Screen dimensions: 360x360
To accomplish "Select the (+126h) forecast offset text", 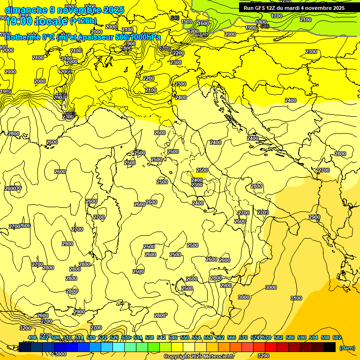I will [x=83, y=21].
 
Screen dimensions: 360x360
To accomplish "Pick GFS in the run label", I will [x=261, y=8].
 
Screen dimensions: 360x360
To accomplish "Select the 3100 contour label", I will [x=296, y=298].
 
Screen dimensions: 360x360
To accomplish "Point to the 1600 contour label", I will [x=203, y=23].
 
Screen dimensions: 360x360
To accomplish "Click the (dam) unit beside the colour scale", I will [x=347, y=347].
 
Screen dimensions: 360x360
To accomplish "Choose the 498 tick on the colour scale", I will [x=32, y=337].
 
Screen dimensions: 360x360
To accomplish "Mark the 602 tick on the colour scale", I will [x=337, y=337].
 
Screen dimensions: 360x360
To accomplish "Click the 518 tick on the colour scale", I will [x=91, y=337].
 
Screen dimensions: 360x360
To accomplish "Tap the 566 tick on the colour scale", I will [x=232, y=337].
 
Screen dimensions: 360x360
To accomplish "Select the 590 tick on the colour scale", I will [x=302, y=337].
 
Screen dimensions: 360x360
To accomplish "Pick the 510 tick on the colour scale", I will [x=67, y=337].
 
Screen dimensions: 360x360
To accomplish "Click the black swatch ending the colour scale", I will [x=330, y=347].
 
